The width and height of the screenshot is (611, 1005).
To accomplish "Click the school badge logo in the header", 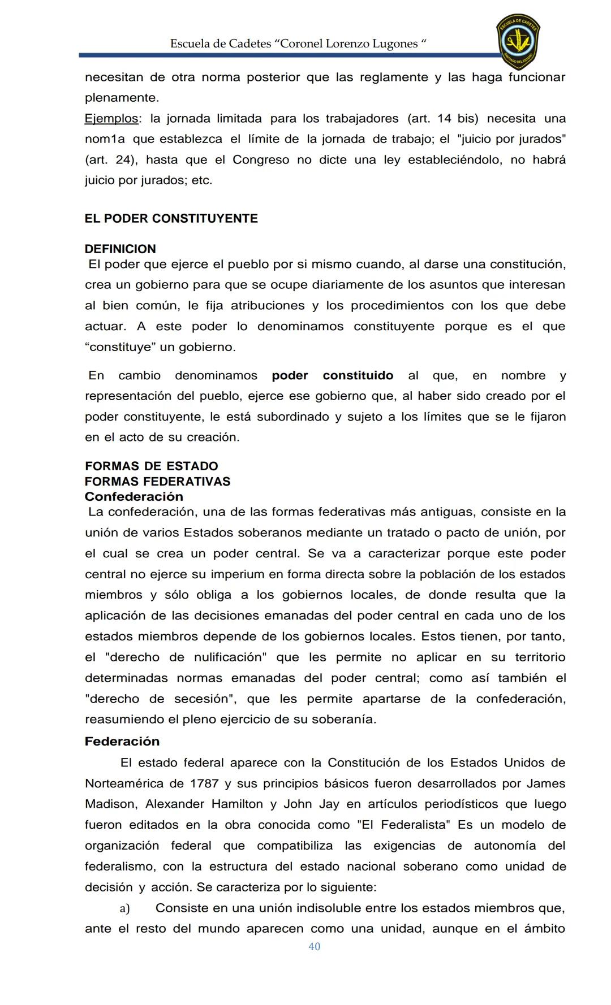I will tap(518, 41).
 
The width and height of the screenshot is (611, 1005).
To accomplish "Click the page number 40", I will tap(315, 963).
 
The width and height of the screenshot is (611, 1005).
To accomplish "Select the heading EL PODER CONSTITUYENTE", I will tap(171, 219).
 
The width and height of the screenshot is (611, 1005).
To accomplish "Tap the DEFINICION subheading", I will tap(120, 249).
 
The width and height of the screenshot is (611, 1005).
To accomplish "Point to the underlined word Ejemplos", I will tap(111, 119).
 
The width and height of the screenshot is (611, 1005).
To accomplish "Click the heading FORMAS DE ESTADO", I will tap(151, 466).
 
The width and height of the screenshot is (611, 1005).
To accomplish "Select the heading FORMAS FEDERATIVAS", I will tap(157, 482).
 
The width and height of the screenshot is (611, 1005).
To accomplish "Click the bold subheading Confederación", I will tap(134, 497).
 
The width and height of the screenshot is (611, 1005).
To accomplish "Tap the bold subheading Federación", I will tap(122, 742).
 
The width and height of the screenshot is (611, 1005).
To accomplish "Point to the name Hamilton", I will tap(237, 804).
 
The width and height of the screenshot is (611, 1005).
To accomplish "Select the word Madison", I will tap(110, 804).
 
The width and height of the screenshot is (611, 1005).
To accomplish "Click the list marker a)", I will tap(124, 908).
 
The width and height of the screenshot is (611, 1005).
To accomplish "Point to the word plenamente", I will tap(122, 98).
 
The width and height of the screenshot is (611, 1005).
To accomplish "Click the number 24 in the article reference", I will tap(122, 160).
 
